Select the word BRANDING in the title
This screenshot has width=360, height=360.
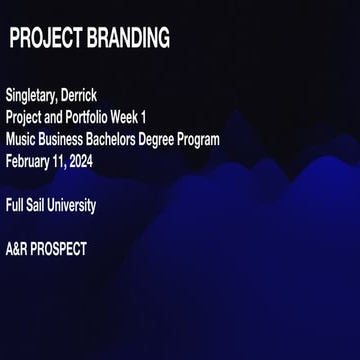coord(130,40)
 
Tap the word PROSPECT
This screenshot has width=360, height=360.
coord(62,250)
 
